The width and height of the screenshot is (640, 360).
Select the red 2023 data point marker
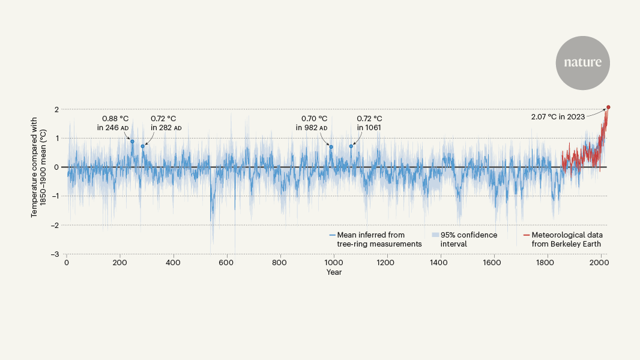(x=608, y=107)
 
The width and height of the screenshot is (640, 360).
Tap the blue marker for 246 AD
(x=132, y=142)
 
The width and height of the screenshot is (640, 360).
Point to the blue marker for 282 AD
(x=142, y=146)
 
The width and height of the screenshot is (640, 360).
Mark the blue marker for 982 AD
(x=331, y=146)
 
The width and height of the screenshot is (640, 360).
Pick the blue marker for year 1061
(x=351, y=146)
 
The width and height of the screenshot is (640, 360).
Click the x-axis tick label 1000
(x=333, y=263)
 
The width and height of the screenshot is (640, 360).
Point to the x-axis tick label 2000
(x=600, y=263)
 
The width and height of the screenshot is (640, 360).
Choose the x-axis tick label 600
(x=226, y=263)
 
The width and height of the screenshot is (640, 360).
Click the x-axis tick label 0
(x=66, y=263)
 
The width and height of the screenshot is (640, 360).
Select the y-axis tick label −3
(x=55, y=254)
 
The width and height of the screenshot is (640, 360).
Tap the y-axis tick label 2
(x=56, y=109)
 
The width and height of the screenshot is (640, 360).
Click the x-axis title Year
(x=334, y=272)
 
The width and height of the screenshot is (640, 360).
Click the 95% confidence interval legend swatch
(x=435, y=235)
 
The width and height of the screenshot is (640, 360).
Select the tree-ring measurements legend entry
(x=375, y=239)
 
